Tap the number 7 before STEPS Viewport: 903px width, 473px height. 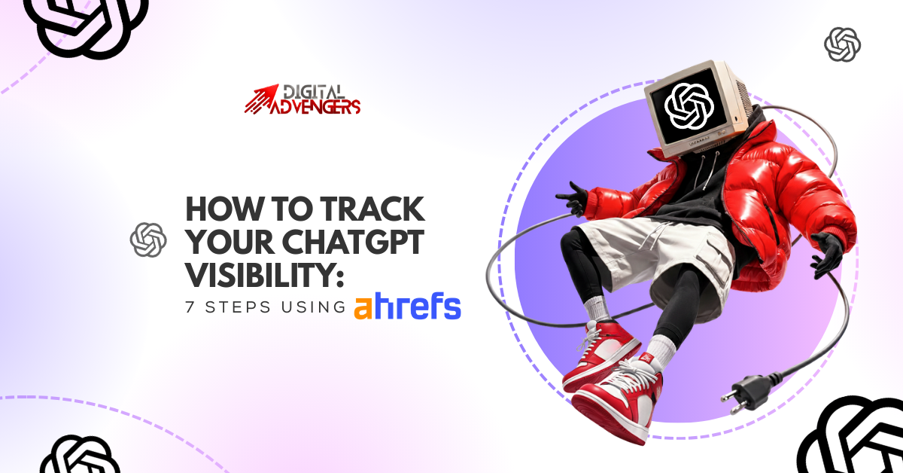pyautogui.click(x=190, y=309)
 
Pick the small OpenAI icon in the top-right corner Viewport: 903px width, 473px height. pyautogui.click(x=842, y=44)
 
